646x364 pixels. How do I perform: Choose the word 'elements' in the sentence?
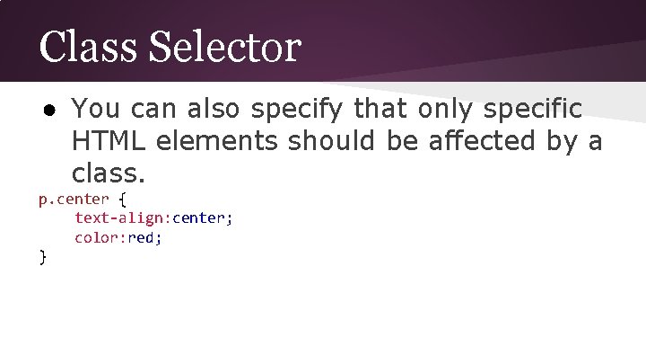pyautogui.click(x=218, y=140)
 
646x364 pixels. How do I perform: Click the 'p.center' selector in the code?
pyautogui.click(x=74, y=199)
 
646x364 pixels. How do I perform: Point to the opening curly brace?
pyautogui.click(x=123, y=199)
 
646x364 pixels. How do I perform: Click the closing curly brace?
pyautogui.click(x=42, y=257)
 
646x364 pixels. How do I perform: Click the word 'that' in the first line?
pyautogui.click(x=383, y=110)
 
